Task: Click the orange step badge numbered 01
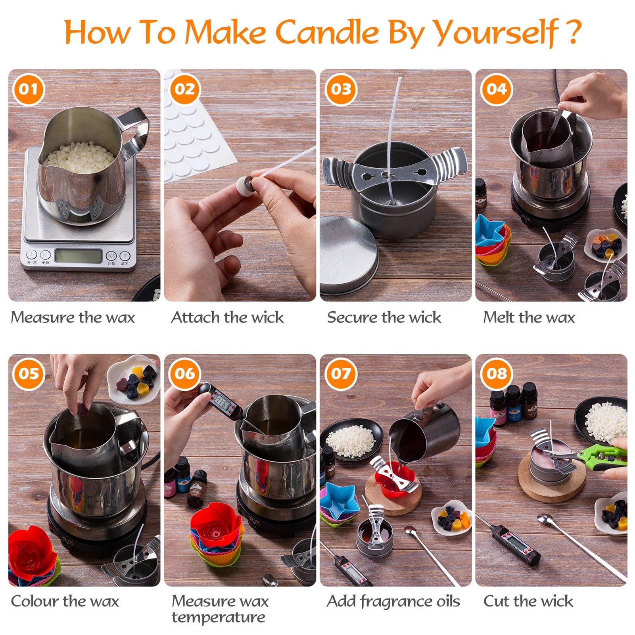click(29, 89)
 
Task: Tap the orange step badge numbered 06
click(184, 373)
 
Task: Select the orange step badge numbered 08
click(497, 373)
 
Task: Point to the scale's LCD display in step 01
click(78, 256)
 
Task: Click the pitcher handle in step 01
click(135, 131)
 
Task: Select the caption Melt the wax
click(529, 317)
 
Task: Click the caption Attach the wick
click(227, 317)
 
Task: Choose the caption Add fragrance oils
click(393, 601)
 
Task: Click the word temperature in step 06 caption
click(218, 617)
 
